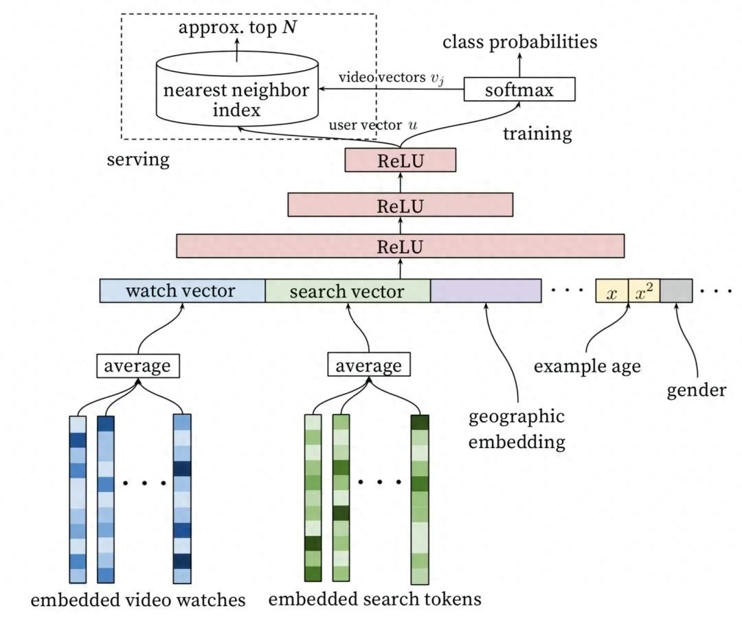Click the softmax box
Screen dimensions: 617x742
(519, 90)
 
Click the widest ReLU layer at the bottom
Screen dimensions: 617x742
(400, 245)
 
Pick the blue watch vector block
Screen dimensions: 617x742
(182, 291)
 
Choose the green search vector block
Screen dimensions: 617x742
(347, 291)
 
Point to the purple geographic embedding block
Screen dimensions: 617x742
(486, 291)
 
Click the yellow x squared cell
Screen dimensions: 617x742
(644, 291)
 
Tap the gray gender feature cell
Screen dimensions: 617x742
(676, 291)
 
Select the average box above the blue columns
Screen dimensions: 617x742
(137, 366)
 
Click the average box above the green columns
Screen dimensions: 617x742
(368, 366)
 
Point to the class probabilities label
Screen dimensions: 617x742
(519, 42)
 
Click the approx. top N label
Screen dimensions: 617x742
(236, 28)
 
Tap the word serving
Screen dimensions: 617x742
(138, 160)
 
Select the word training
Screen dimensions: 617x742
(537, 133)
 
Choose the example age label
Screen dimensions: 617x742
(587, 366)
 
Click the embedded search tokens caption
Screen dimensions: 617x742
(374, 599)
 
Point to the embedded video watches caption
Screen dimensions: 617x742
(137, 600)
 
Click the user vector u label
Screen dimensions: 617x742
(373, 126)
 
